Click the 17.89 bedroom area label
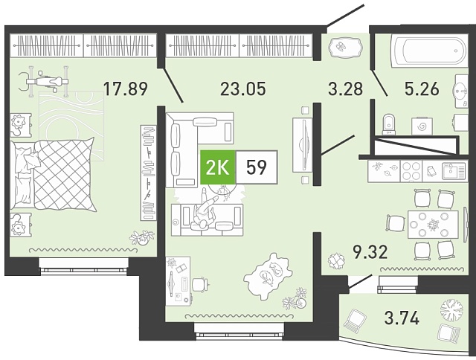tap(126, 89)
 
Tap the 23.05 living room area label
tap(243, 89)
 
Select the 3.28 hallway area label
tap(346, 89)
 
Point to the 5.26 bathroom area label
tap(422, 89)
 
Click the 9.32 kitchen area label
tap(370, 252)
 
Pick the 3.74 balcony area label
tap(402, 318)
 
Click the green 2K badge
tap(218, 167)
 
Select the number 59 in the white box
tap(257, 167)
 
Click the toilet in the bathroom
tap(389, 124)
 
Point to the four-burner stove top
tap(411, 171)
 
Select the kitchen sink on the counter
tap(454, 171)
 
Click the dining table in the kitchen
tap(433, 225)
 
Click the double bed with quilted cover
tap(52, 175)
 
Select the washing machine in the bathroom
tap(422, 126)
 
